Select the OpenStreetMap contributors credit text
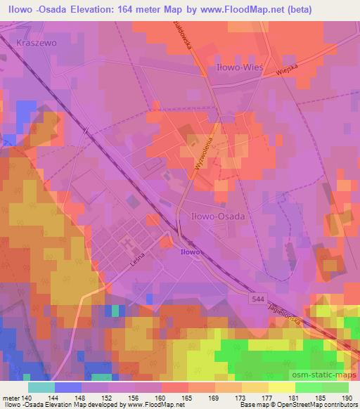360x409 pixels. click(x=317, y=405)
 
